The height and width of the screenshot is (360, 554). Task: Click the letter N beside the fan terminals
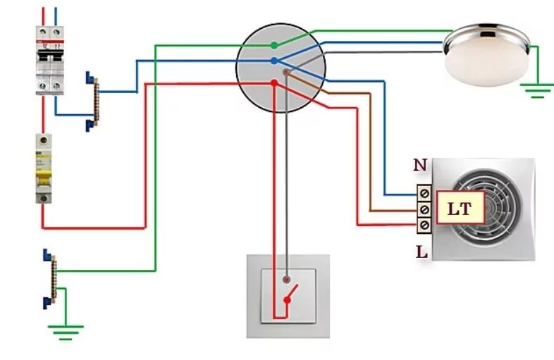[x=420, y=166]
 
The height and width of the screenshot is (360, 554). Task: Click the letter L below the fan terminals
[x=421, y=250]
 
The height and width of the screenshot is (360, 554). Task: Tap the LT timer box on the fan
[x=459, y=209]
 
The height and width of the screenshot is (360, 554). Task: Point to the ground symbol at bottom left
[x=65, y=330]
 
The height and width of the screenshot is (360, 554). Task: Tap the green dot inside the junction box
[x=273, y=46]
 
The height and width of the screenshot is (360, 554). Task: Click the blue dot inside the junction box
[x=273, y=61]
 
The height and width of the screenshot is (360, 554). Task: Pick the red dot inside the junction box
[x=273, y=83]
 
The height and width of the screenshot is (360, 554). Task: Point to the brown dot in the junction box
[x=285, y=72]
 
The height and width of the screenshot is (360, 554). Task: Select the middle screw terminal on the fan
[x=425, y=209]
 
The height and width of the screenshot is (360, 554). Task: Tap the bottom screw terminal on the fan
[x=425, y=225]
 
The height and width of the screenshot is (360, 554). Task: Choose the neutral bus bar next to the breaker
[x=92, y=98]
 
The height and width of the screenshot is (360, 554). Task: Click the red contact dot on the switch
[x=286, y=301]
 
